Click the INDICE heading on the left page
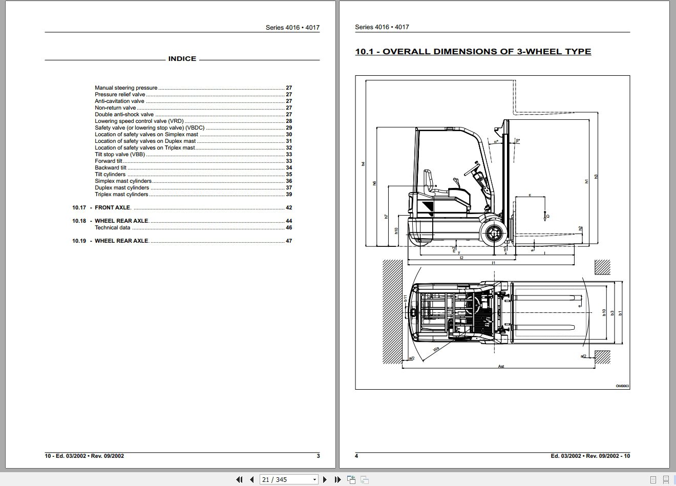[182, 59]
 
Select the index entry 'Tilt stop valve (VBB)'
[119, 154]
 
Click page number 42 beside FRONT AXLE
[289, 207]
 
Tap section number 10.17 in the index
[79, 207]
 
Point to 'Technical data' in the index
[112, 227]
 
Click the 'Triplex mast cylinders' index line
[121, 194]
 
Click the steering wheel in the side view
[474, 167]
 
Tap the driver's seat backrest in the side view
[429, 179]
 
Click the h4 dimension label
[363, 164]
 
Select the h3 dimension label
[596, 177]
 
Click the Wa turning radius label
[436, 349]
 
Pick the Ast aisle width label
[501, 366]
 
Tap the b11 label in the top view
[405, 298]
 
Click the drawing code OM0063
[622, 386]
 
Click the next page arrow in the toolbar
[325, 479]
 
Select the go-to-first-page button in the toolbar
[239, 479]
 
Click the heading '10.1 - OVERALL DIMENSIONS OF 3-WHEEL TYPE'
[473, 52]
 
